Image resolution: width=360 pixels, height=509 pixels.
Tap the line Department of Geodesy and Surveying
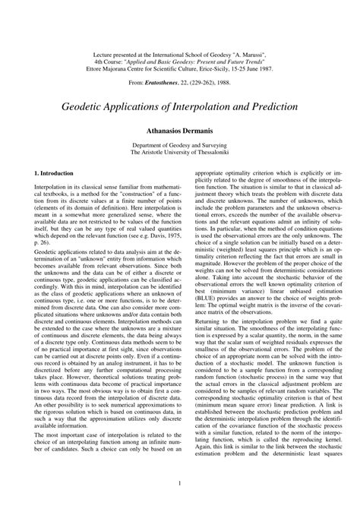coord(179,145)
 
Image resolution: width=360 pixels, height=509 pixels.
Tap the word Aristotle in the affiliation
coord(156,153)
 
